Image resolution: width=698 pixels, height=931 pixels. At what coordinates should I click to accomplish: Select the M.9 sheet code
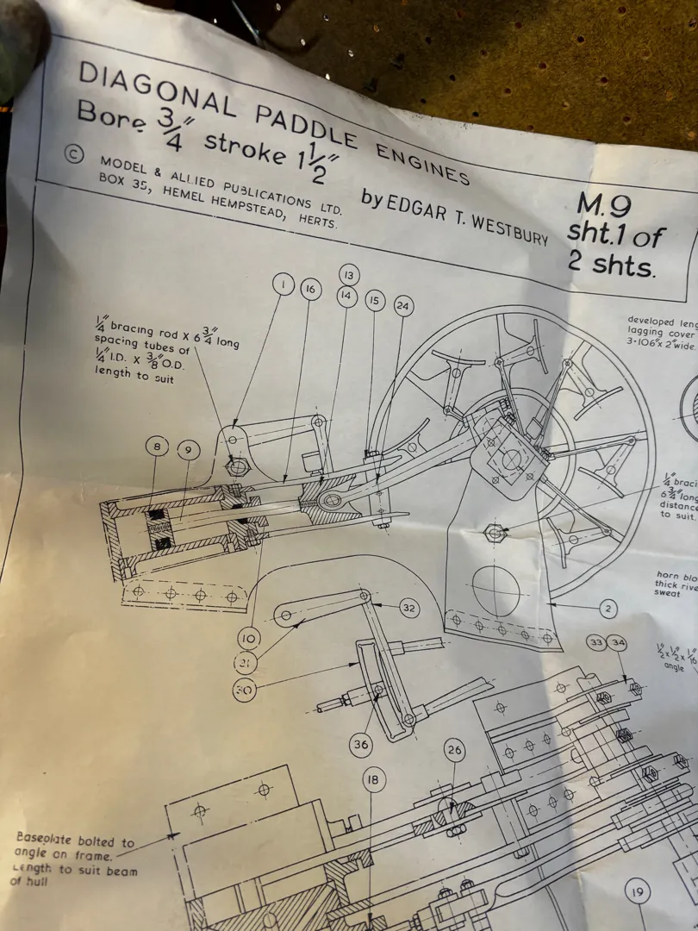click(x=603, y=205)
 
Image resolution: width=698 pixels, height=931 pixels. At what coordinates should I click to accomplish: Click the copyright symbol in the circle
click(x=74, y=154)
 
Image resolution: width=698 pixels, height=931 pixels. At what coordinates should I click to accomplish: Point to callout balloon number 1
click(x=284, y=284)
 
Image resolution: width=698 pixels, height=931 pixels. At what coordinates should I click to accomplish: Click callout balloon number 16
click(x=311, y=290)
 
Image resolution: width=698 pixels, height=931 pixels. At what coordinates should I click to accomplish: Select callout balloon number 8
click(x=157, y=447)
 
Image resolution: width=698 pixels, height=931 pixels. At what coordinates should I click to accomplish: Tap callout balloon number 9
click(x=188, y=450)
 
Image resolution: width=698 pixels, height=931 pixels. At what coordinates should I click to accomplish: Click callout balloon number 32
click(x=409, y=608)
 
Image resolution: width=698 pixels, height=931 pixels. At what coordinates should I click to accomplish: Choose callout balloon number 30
click(x=245, y=690)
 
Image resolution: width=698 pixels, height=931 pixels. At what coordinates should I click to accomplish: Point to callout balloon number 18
click(x=371, y=781)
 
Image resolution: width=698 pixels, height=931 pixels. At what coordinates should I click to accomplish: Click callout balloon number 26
click(x=454, y=751)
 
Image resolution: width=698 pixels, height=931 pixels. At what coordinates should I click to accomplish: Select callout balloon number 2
click(x=608, y=609)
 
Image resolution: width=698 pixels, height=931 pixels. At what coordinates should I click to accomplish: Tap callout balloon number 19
click(x=637, y=892)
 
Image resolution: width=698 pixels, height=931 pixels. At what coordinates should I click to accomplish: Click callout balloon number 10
click(x=249, y=638)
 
